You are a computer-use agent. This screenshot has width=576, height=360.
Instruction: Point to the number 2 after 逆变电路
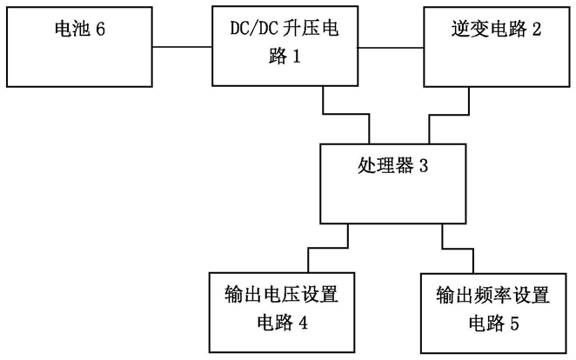click(x=536, y=30)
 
